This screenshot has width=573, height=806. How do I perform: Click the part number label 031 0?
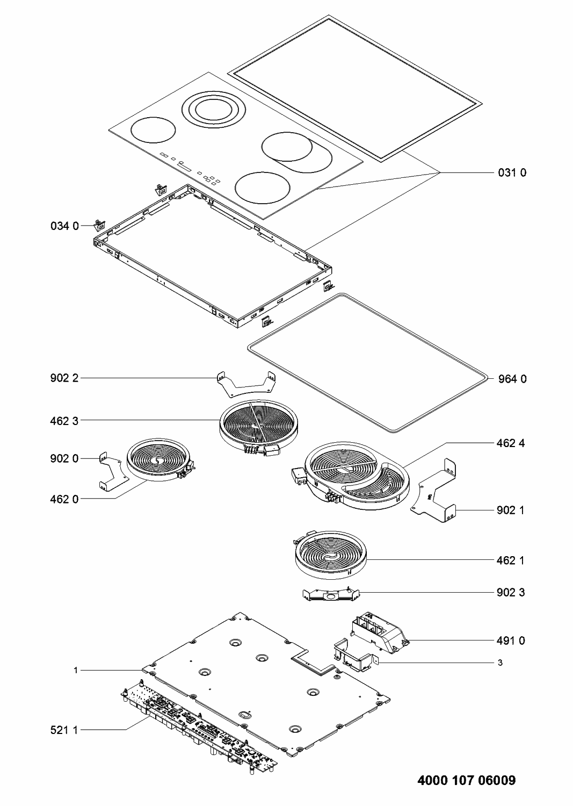coord(511,172)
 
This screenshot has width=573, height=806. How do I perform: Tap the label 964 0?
coord(511,379)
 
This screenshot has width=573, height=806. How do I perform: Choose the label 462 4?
coord(511,443)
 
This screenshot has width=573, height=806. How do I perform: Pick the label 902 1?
coord(511,510)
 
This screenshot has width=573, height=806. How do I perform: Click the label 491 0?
coord(511,640)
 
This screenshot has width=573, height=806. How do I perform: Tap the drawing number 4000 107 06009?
coord(466,780)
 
